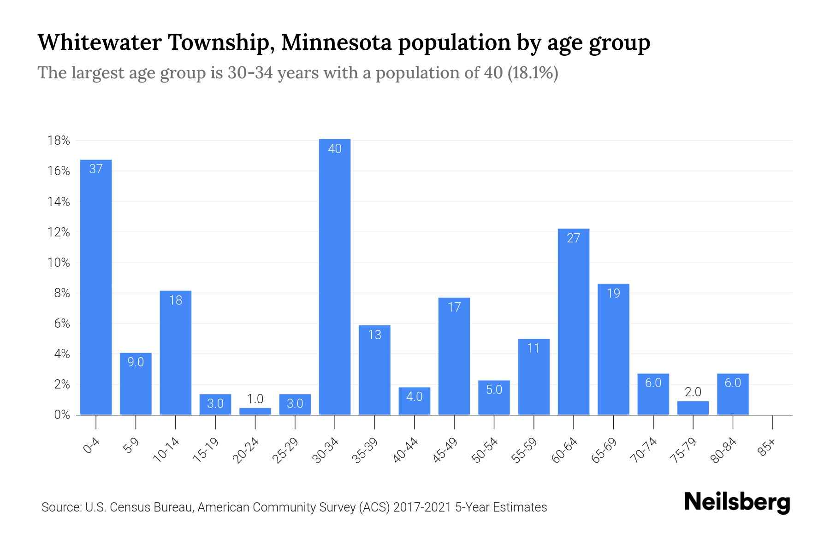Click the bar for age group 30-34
pyautogui.click(x=335, y=276)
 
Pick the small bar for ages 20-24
pyautogui.click(x=255, y=411)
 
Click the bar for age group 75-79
pyautogui.click(x=693, y=408)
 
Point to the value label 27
pyautogui.click(x=573, y=238)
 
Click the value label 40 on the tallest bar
pyautogui.click(x=335, y=149)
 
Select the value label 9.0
pyautogui.click(x=136, y=362)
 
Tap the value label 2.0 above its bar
pyautogui.click(x=693, y=392)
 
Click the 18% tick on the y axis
pyautogui.click(x=59, y=141)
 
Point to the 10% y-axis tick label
pyautogui.click(x=59, y=263)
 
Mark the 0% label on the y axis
pyautogui.click(x=62, y=415)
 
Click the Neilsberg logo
pyautogui.click(x=737, y=503)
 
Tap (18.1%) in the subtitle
pyautogui.click(x=533, y=73)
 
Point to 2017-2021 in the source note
pyautogui.click(x=422, y=507)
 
